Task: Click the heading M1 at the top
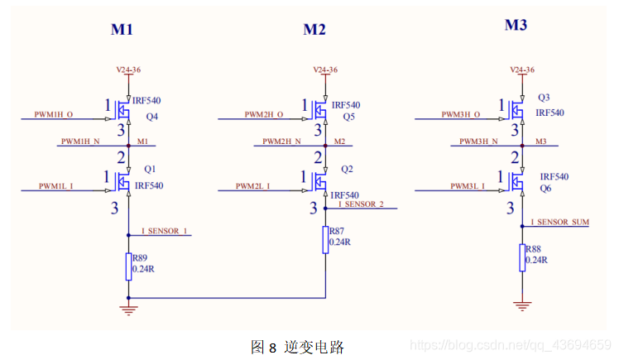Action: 122,30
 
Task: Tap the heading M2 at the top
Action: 314,30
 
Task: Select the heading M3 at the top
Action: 516,26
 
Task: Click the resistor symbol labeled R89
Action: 127,266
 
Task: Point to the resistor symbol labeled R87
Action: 324,239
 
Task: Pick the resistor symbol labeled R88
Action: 522,257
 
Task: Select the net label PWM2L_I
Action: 256,185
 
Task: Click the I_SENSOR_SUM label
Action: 560,223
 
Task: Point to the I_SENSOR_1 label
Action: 165,231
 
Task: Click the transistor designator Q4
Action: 151,116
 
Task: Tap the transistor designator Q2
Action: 347,169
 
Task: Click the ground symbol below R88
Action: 522,305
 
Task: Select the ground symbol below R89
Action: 127,310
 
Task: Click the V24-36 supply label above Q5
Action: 324,70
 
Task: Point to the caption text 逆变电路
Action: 314,347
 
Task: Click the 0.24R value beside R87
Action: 339,242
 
